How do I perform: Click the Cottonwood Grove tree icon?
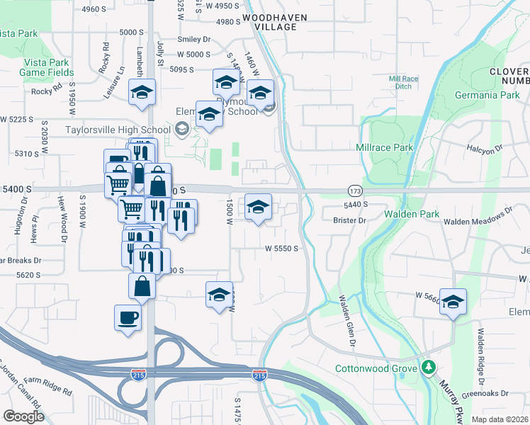(x=428, y=368)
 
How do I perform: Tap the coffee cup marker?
(x=128, y=317)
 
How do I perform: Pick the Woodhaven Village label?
(x=269, y=21)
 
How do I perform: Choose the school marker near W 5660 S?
(x=453, y=300)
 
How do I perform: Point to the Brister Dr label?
(x=349, y=221)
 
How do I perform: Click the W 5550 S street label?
(x=281, y=249)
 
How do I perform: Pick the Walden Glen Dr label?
(x=346, y=320)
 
